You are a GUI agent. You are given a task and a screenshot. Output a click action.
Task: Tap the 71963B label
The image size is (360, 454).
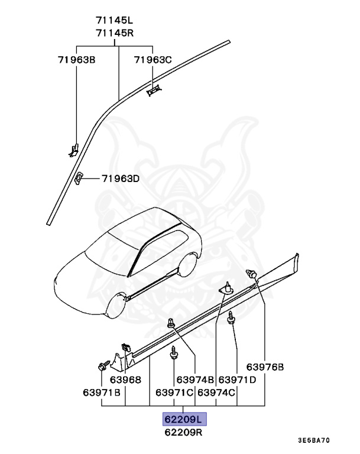pyautogui.click(x=77, y=60)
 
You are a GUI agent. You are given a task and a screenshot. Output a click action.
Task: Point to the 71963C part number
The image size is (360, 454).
pyautogui.click(x=153, y=60)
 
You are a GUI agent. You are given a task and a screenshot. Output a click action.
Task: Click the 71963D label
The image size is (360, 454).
pyautogui.click(x=120, y=178)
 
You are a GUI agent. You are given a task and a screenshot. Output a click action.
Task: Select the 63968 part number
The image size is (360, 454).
pyautogui.click(x=125, y=380)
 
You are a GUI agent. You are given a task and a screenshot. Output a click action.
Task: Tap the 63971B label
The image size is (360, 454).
pyautogui.click(x=102, y=392)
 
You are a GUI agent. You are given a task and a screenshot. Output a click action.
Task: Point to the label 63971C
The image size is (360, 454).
pyautogui.click(x=175, y=392)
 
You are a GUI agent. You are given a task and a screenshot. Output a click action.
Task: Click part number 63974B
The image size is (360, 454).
pyautogui.click(x=197, y=380)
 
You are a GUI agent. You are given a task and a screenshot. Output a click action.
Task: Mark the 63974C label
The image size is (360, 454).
pyautogui.click(x=216, y=392)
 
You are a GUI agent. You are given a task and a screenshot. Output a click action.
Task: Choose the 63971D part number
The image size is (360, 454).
pyautogui.click(x=237, y=380)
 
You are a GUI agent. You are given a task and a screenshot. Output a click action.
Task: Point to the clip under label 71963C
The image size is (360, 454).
pyautogui.click(x=154, y=89)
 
